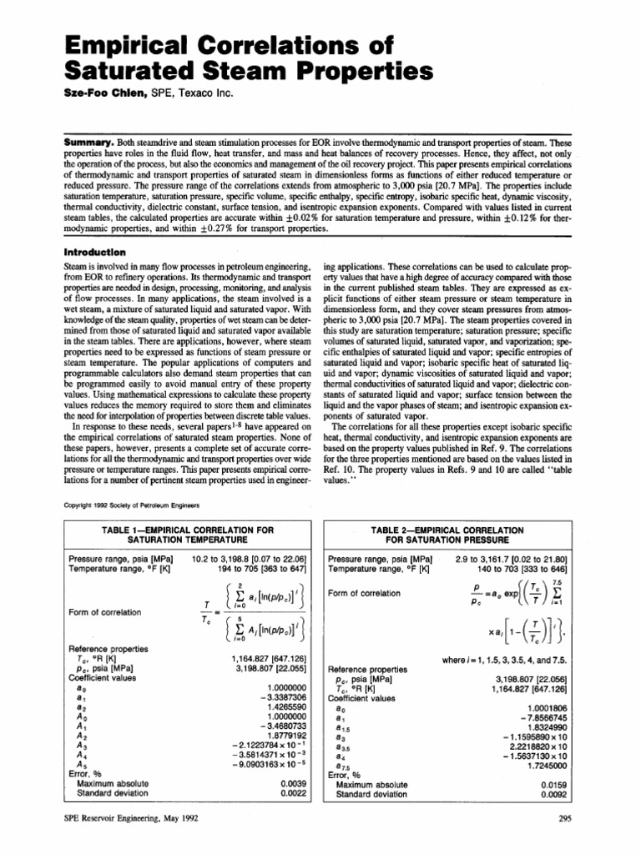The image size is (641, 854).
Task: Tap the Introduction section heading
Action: tap(95, 251)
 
